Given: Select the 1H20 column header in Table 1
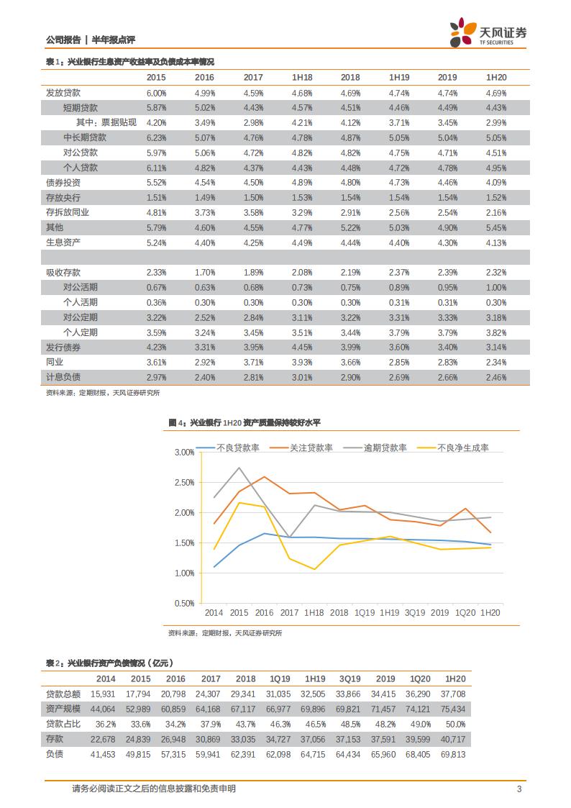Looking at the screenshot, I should [496, 77].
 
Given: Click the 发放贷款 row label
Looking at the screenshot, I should [63, 93].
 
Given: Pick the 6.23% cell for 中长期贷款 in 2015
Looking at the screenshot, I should [156, 137].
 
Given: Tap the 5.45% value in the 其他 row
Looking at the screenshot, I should [496, 227].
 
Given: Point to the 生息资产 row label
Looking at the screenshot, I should [63, 242].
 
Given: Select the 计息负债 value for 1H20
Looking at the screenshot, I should [496, 377].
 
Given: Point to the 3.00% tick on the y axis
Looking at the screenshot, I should [184, 452].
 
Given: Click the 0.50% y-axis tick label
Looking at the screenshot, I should [184, 603].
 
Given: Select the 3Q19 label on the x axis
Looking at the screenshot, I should [414, 612].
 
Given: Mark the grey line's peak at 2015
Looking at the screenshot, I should [239, 468].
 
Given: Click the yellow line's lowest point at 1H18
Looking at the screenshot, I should [314, 569].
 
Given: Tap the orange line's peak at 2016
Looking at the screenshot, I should [264, 477].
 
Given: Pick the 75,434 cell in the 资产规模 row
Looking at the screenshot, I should [455, 709].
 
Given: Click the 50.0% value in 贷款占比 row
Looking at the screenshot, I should [455, 724].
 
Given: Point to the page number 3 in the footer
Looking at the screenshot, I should [519, 789].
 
